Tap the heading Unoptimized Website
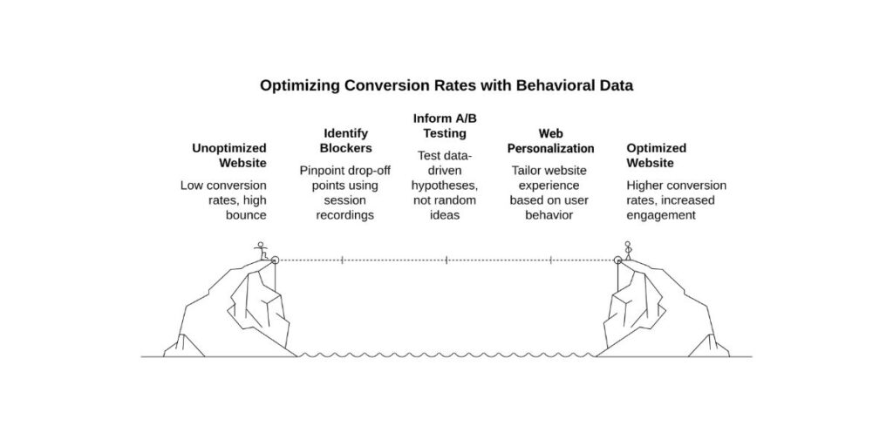coord(229,155)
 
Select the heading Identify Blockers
coord(346,140)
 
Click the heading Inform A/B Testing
coord(445,125)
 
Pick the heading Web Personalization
coord(550,140)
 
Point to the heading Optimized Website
coord(656,155)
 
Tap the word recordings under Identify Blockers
coord(345,215)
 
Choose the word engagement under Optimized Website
coord(661,215)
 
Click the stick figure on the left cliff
coord(259,251)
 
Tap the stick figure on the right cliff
coord(627,251)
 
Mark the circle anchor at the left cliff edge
coord(275,260)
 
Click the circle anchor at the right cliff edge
coord(617,260)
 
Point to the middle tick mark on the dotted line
coord(446,260)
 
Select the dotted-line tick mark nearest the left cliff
coord(342,260)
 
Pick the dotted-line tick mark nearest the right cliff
coord(551,260)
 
